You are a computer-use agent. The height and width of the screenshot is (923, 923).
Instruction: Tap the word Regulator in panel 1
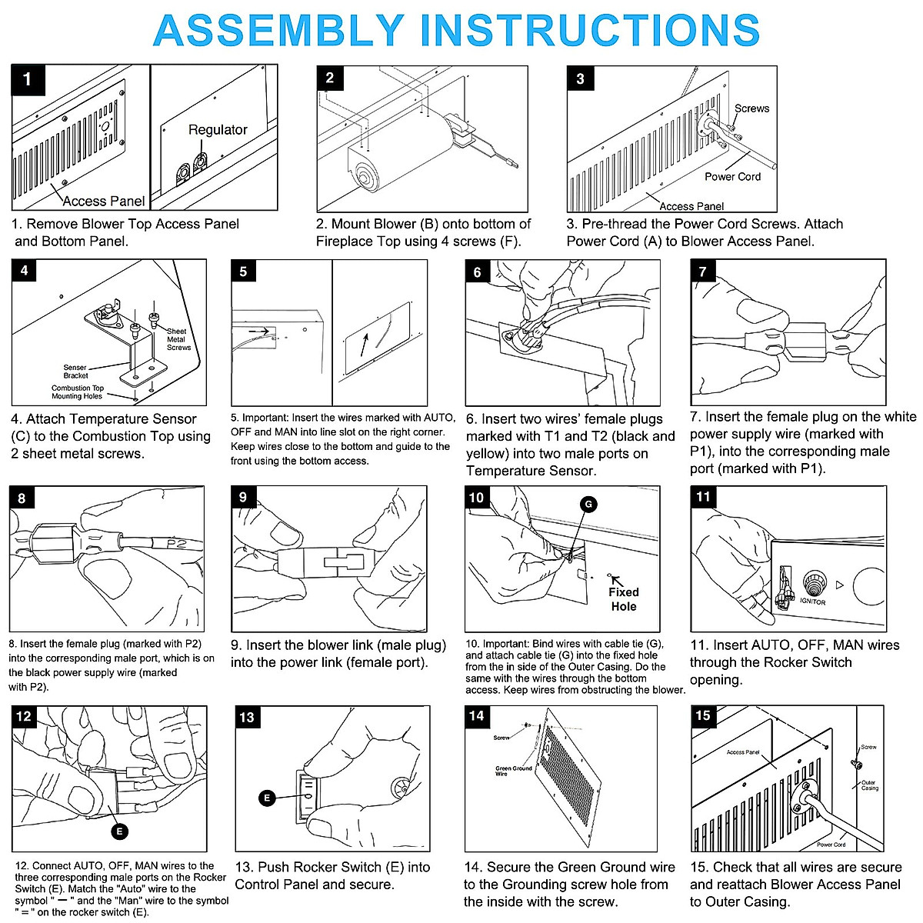point(218,130)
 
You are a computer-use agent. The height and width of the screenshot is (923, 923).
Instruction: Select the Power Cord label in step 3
point(732,177)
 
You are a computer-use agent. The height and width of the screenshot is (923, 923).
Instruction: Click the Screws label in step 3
point(751,108)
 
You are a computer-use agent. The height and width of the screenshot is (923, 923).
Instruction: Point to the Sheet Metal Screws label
point(178,339)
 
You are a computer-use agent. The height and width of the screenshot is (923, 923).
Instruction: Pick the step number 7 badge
point(702,272)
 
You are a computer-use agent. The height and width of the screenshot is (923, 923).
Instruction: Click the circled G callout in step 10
point(588,505)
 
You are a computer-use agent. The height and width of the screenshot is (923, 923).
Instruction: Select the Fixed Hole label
point(624,599)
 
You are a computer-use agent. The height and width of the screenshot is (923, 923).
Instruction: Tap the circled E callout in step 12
point(120,831)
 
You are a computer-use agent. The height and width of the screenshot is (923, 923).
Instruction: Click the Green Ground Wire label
point(514,771)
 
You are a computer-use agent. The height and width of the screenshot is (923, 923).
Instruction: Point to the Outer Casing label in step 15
point(869,785)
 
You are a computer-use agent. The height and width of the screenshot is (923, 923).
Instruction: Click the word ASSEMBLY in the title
point(278,31)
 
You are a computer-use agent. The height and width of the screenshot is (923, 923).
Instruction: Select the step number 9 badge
point(243,498)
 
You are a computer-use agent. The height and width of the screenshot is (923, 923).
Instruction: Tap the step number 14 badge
point(477,716)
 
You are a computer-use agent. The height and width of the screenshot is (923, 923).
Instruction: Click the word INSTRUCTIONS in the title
point(594,31)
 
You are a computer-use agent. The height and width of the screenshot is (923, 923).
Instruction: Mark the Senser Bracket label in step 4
point(75,372)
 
